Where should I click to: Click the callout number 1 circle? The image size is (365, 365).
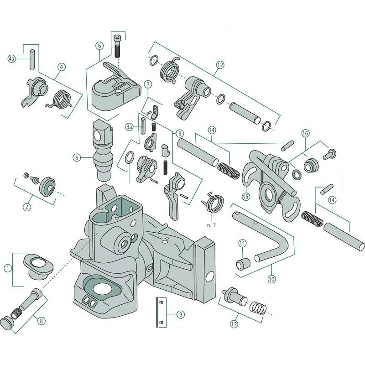[7, 268]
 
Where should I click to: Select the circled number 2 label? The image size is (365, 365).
[27, 207]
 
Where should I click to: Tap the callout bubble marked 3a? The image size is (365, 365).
[130, 126]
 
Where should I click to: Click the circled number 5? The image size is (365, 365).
[78, 157]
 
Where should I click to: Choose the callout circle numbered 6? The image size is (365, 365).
[99, 46]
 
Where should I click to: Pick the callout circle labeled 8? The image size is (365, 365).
[41, 321]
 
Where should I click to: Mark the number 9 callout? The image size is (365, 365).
[181, 314]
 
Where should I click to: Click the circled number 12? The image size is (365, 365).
[220, 65]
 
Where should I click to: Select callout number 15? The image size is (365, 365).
[247, 197]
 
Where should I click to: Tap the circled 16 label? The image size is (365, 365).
[305, 133]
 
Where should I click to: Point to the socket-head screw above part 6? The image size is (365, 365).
[118, 45]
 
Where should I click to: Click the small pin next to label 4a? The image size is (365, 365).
[31, 59]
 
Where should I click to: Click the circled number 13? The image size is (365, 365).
[234, 325]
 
